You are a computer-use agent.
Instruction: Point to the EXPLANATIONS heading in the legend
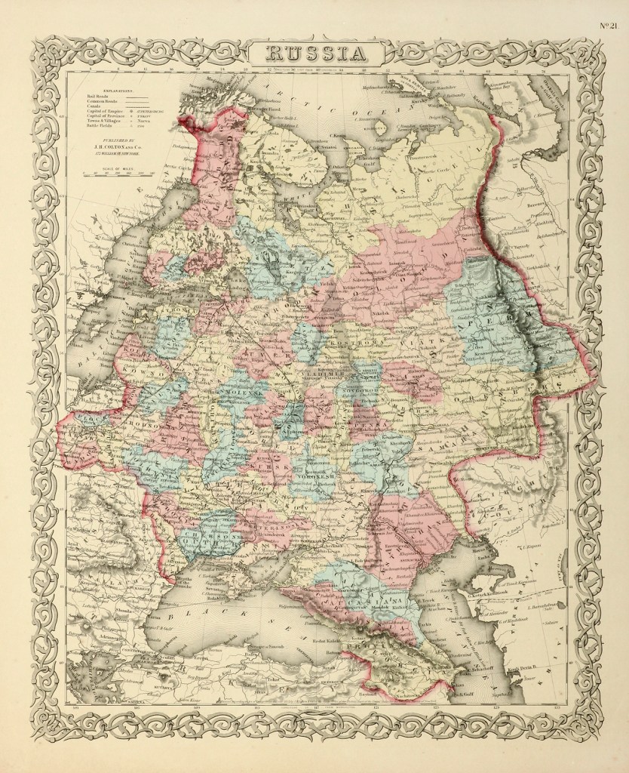pos(102,89)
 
